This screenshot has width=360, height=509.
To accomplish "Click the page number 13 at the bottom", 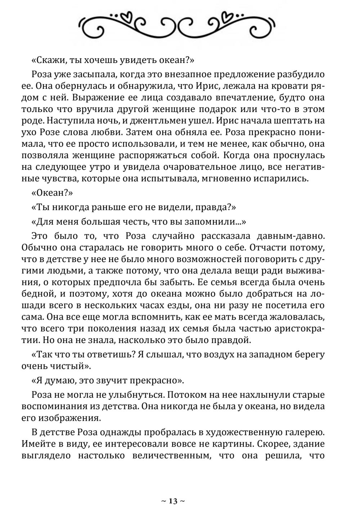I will tap(173, 501).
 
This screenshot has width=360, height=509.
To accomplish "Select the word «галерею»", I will tap(301, 432).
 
